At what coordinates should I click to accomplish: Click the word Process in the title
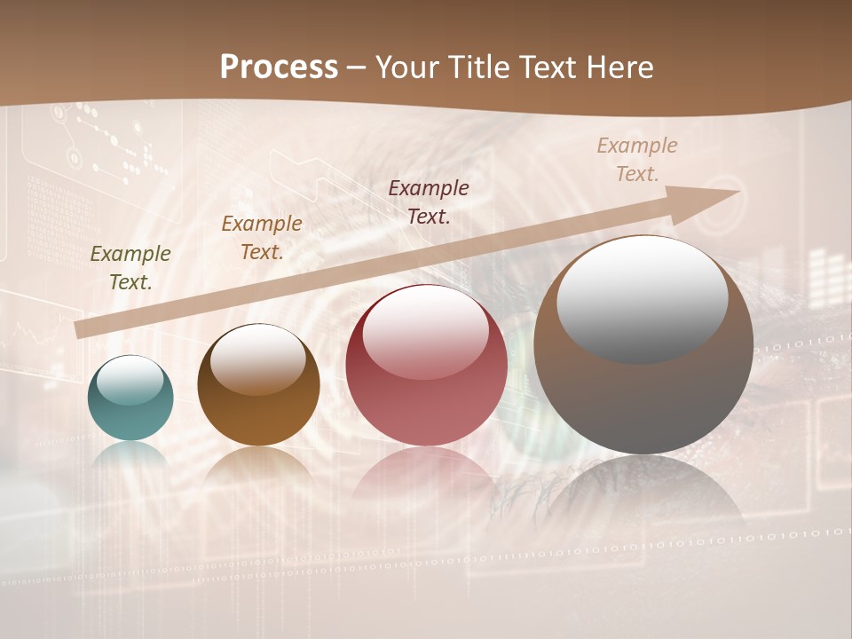tap(279, 67)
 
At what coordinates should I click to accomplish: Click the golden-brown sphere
tap(258, 385)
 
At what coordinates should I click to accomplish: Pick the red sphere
tap(426, 365)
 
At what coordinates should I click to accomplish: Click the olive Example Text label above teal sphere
tap(130, 267)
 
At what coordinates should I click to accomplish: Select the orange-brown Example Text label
tap(262, 237)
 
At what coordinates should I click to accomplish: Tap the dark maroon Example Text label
tap(429, 201)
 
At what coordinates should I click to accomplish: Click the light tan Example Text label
tap(637, 159)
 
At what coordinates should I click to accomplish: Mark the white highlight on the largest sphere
tap(642, 297)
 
